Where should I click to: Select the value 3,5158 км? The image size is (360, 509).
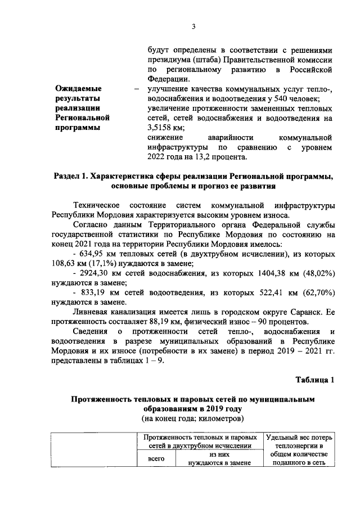click(x=165, y=128)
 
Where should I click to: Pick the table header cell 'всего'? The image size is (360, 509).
click(x=156, y=459)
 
